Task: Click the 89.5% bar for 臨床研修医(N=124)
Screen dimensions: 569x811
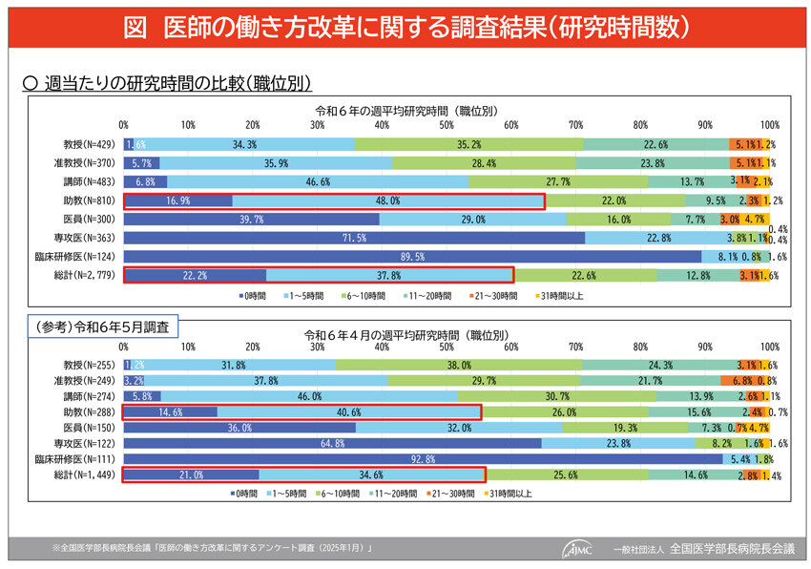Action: click(412, 257)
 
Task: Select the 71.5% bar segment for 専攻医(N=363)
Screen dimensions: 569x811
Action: click(354, 238)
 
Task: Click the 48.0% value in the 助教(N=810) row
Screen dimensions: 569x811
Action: click(387, 201)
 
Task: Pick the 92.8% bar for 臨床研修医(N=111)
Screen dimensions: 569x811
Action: click(424, 459)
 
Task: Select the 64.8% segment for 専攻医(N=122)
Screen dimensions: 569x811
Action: click(333, 443)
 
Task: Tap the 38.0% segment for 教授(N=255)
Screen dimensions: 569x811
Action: click(459, 365)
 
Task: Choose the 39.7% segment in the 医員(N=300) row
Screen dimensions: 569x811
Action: click(252, 220)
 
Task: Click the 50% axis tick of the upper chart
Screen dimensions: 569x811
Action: click(447, 125)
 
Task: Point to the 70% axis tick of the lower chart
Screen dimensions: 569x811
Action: click(575, 347)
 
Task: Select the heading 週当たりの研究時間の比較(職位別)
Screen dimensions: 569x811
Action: click(177, 84)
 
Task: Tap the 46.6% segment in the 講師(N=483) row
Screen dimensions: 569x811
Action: click(318, 181)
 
